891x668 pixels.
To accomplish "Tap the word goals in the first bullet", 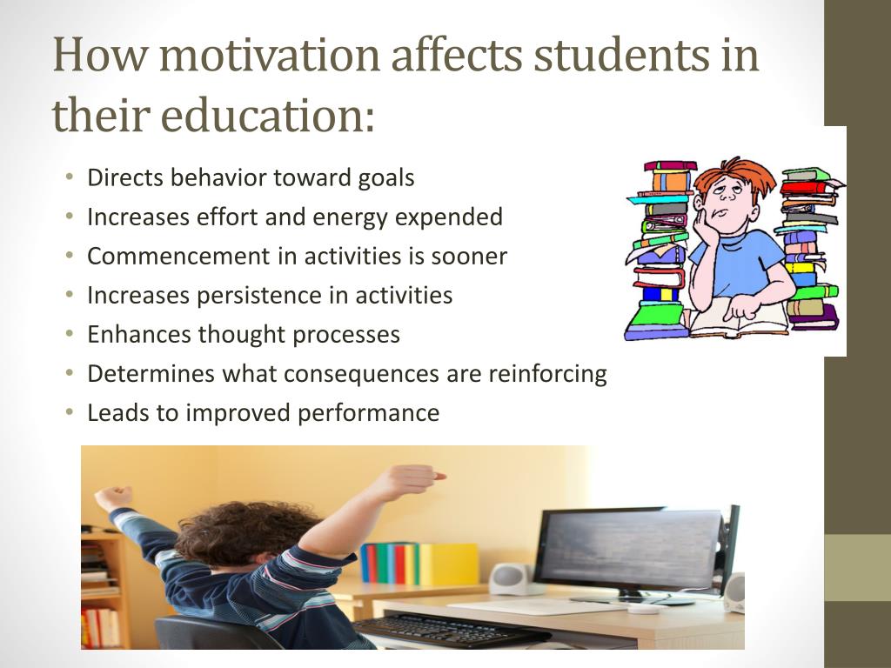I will tap(386, 178).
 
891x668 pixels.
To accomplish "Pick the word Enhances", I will tap(138, 335).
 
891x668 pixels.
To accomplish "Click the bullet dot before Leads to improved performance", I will tap(69, 413).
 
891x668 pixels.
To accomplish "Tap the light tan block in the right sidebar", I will tap(857, 567).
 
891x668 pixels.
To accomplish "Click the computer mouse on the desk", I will tap(644, 608).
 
